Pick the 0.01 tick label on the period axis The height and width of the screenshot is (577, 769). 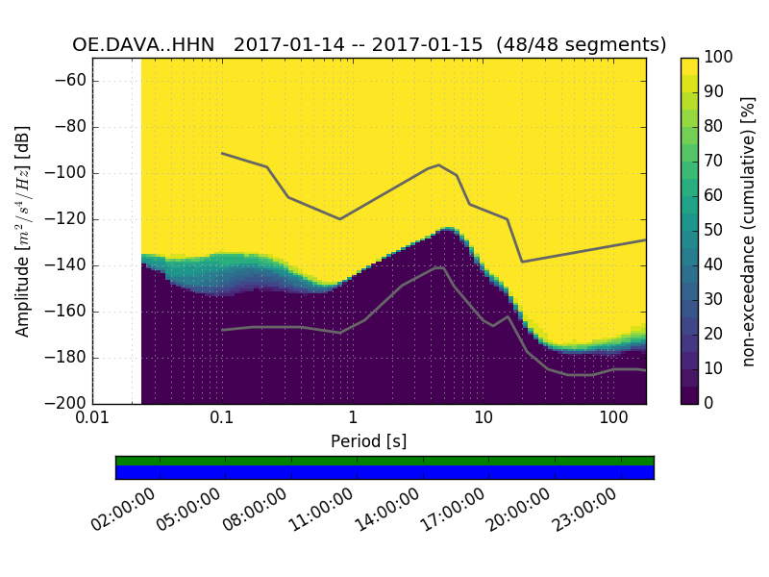pos(92,420)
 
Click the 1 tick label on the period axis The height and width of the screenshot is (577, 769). pos(353,420)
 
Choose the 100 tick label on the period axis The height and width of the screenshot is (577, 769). pos(613,420)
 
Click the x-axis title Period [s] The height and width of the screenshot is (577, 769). pos(369,441)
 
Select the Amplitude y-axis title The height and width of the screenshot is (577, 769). pos(23,231)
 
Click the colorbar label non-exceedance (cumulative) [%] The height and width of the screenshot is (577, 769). pos(749,231)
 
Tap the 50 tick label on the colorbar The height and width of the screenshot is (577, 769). pos(714,230)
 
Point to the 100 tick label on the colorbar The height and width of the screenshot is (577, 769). pos(718,58)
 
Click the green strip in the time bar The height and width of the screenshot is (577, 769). pos(384,461)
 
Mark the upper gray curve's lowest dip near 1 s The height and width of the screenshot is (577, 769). pos(339,218)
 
